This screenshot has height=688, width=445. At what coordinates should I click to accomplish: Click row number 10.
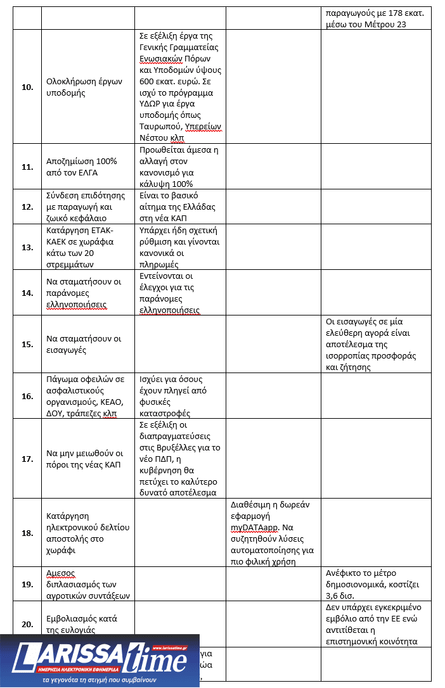pyautogui.click(x=27, y=87)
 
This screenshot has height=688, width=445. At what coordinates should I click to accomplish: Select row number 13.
pyautogui.click(x=27, y=247)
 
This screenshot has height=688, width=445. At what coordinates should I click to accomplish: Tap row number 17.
pyautogui.click(x=27, y=459)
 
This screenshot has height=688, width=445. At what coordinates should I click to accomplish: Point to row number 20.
pyautogui.click(x=27, y=624)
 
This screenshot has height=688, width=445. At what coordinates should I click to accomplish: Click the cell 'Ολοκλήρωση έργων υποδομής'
pyautogui.click(x=84, y=87)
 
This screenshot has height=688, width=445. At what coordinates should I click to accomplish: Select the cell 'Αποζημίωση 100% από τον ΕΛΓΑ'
pyautogui.click(x=84, y=167)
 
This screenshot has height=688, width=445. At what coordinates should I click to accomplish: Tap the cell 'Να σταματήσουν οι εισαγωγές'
pyautogui.click(x=84, y=344)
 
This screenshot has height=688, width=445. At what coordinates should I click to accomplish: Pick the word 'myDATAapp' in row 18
pyautogui.click(x=254, y=527)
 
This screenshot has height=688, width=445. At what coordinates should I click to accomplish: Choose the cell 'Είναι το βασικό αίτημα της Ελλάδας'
pyautogui.click(x=180, y=207)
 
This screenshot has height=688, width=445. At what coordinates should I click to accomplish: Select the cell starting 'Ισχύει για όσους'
pyautogui.click(x=180, y=396)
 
